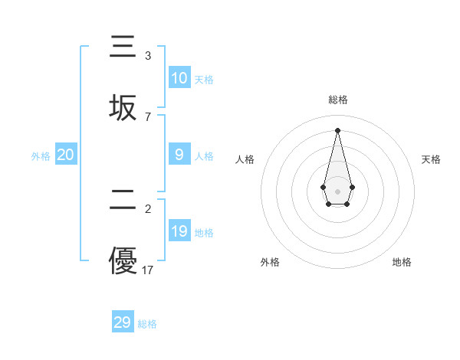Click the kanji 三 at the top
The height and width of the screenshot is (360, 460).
coord(123,47)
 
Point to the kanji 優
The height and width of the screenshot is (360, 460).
coord(123,260)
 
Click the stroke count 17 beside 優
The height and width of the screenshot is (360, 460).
coord(148,270)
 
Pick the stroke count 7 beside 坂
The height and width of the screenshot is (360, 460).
coord(148,117)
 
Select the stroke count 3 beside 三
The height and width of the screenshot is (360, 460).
coord(148,56)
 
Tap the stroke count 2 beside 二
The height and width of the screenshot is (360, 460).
coord(148,209)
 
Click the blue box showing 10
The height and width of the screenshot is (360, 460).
coord(179,78)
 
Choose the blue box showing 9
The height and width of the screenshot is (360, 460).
coord(179,155)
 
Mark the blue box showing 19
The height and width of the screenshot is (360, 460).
coord(179,231)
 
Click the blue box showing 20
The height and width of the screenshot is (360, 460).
coord(66,155)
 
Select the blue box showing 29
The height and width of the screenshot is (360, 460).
coord(123,322)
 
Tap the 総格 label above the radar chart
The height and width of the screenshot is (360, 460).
coord(337,100)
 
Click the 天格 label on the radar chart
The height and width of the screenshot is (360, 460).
coord(432,159)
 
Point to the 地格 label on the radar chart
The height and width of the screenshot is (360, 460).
coord(402,262)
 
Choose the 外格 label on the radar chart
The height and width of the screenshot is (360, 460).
coord(270,262)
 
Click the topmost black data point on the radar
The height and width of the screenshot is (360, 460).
coord(337,129)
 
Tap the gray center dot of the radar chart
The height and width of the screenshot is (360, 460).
coord(337,190)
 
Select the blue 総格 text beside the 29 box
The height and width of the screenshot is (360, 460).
coord(147,324)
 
